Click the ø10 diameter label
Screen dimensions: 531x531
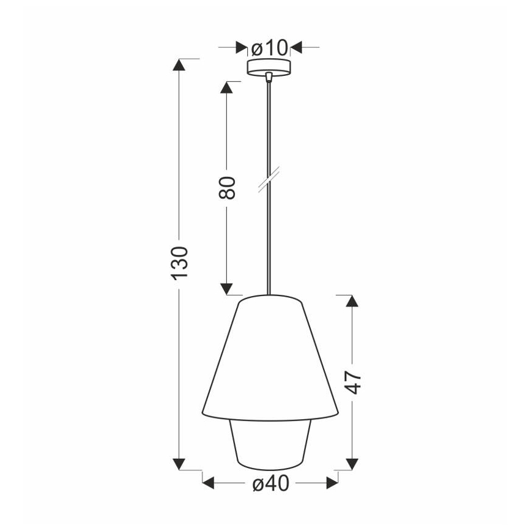coord(269,46)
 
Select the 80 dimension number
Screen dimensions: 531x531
coord(227,187)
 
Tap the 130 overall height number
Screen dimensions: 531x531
coord(179,263)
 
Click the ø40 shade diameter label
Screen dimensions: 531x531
coord(270,484)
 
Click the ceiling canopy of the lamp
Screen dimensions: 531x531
coord(269,67)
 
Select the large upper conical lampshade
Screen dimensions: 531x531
coord(270,361)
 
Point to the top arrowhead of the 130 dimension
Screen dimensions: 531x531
coord(179,65)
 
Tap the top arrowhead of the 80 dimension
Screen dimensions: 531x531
coord(227,87)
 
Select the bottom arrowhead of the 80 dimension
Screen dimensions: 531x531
coord(227,288)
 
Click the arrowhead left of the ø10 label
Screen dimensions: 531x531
coord(242,46)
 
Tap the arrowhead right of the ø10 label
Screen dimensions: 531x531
coord(297,46)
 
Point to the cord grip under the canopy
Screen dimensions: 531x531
coord(269,77)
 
